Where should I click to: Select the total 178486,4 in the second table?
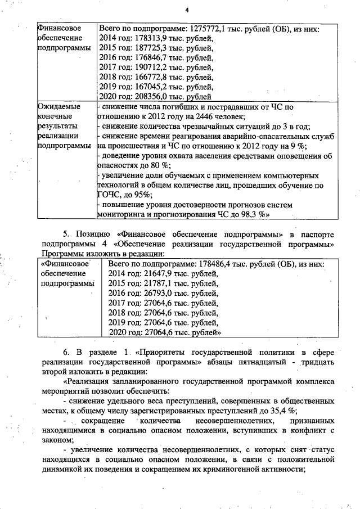pos(218,264)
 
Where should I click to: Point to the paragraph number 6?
pos(65,352)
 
